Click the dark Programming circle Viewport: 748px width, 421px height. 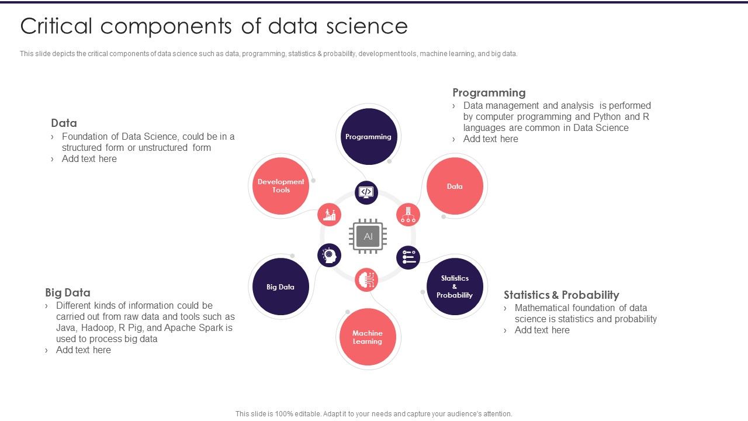pyautogui.click(x=368, y=136)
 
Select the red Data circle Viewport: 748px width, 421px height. pyautogui.click(x=455, y=186)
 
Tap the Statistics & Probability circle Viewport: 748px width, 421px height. pyautogui.click(x=455, y=287)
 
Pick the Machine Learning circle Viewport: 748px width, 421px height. pyautogui.click(x=368, y=337)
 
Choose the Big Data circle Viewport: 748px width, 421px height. pyautogui.click(x=280, y=287)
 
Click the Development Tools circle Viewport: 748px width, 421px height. pyautogui.click(x=281, y=186)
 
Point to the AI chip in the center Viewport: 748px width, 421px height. pyautogui.click(x=368, y=236)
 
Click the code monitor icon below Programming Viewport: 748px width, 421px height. pyautogui.click(x=366, y=192)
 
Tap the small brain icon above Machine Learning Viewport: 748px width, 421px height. pyautogui.click(x=367, y=279)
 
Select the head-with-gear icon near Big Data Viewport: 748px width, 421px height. pyautogui.click(x=330, y=255)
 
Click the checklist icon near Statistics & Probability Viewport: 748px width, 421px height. pyautogui.click(x=408, y=257)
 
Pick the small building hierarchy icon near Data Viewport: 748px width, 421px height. pyautogui.click(x=408, y=215)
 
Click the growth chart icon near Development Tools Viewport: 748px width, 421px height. pyautogui.click(x=330, y=215)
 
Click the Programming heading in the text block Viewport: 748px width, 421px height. pyautogui.click(x=489, y=92)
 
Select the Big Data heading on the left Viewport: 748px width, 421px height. pyautogui.click(x=68, y=292)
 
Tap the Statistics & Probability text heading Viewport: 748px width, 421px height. pyautogui.click(x=561, y=295)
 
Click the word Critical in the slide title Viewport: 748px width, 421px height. pyautogui.click(x=56, y=26)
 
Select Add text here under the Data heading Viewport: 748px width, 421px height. pyautogui.click(x=89, y=158)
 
